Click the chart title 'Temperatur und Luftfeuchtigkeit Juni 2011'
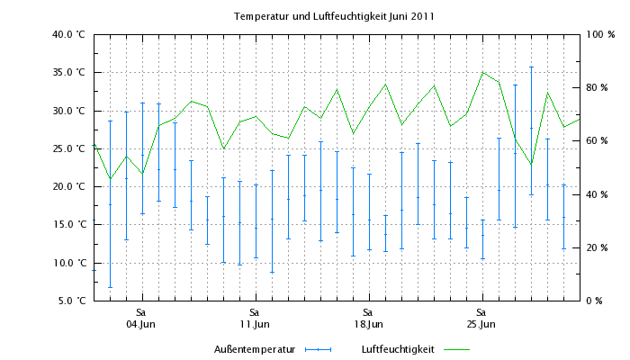pyautogui.click(x=335, y=17)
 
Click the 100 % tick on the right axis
pyautogui.click(x=600, y=35)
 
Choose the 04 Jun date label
pyautogui.click(x=141, y=324)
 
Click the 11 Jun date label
pyautogui.click(x=255, y=324)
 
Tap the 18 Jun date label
pyautogui.click(x=368, y=324)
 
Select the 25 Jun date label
pyautogui.click(x=481, y=324)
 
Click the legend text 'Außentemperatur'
pyautogui.click(x=256, y=349)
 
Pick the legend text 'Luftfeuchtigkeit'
pyautogui.click(x=397, y=349)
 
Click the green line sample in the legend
pyautogui.click(x=457, y=349)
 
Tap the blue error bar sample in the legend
pyautogui.click(x=319, y=349)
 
